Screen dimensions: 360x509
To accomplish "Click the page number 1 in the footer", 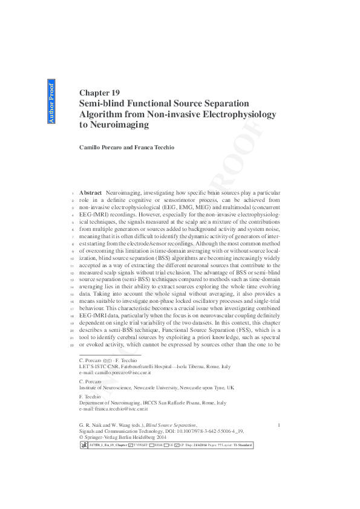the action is pos(278,426).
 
